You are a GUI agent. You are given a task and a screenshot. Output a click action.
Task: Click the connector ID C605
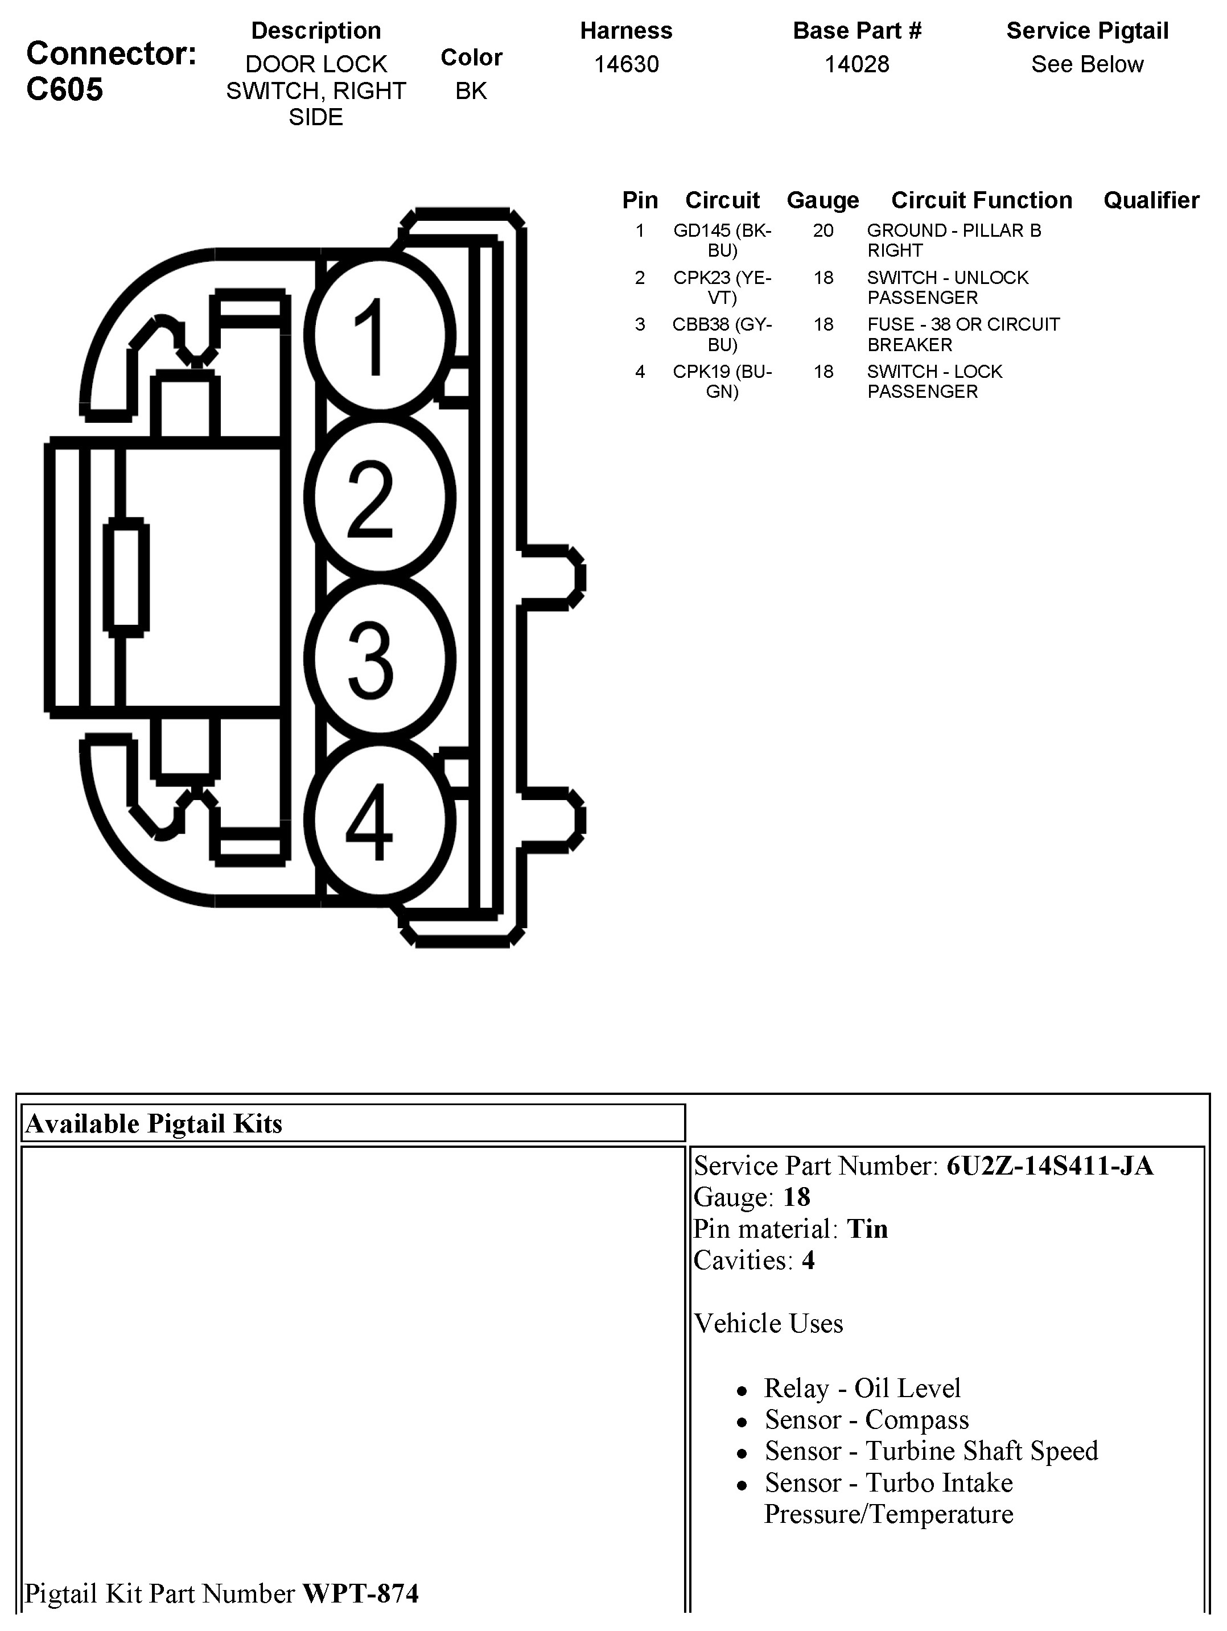pos(65,90)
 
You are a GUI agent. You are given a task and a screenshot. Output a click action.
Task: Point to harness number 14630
pos(626,65)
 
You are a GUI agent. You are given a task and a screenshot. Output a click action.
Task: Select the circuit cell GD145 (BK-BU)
pos(722,240)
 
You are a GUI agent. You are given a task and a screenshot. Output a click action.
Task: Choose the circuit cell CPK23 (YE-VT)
pos(722,287)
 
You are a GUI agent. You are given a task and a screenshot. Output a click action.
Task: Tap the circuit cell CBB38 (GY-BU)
pos(722,334)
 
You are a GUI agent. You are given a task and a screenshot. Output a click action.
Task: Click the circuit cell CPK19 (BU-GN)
pos(722,381)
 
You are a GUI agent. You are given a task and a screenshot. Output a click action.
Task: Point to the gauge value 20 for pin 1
pos(823,231)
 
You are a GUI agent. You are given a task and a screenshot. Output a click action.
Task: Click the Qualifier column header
pos(1150,200)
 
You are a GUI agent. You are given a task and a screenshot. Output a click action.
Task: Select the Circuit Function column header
pos(982,200)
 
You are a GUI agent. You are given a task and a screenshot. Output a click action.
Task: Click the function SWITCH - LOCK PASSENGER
pos(934,381)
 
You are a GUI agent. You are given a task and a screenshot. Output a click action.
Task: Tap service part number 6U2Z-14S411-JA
pos(1049,1165)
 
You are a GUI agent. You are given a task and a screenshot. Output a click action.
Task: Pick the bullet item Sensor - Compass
pos(866,1419)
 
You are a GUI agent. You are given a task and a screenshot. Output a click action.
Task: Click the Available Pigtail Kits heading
pos(154,1124)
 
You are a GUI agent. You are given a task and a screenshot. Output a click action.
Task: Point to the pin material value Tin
pos(867,1229)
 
